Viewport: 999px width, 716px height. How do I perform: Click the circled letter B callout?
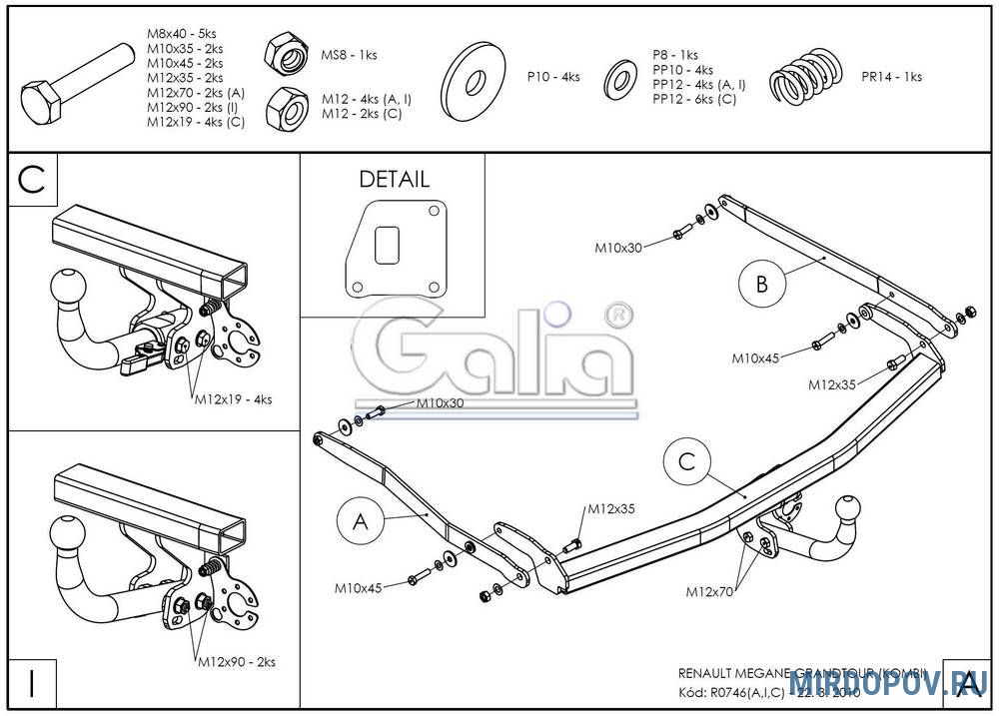[762, 284]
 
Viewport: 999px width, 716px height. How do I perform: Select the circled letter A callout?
[361, 520]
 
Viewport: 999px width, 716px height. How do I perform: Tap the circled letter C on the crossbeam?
[686, 462]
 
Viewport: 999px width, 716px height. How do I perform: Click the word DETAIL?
[394, 180]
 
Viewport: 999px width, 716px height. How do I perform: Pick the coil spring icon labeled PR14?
[808, 76]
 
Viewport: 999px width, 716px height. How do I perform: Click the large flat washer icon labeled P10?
[477, 77]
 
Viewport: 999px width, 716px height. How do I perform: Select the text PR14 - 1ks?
[891, 76]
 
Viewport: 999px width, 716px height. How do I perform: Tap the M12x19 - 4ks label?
[233, 399]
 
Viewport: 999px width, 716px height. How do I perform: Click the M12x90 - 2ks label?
[236, 661]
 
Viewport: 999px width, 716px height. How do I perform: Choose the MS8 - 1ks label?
[349, 55]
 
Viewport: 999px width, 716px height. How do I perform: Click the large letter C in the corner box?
[33, 180]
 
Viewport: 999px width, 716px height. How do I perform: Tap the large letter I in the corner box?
[33, 685]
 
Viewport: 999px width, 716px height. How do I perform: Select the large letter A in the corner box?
[966, 685]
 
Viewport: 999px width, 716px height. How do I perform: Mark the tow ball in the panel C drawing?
[65, 289]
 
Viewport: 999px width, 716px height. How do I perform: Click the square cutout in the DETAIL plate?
[388, 244]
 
